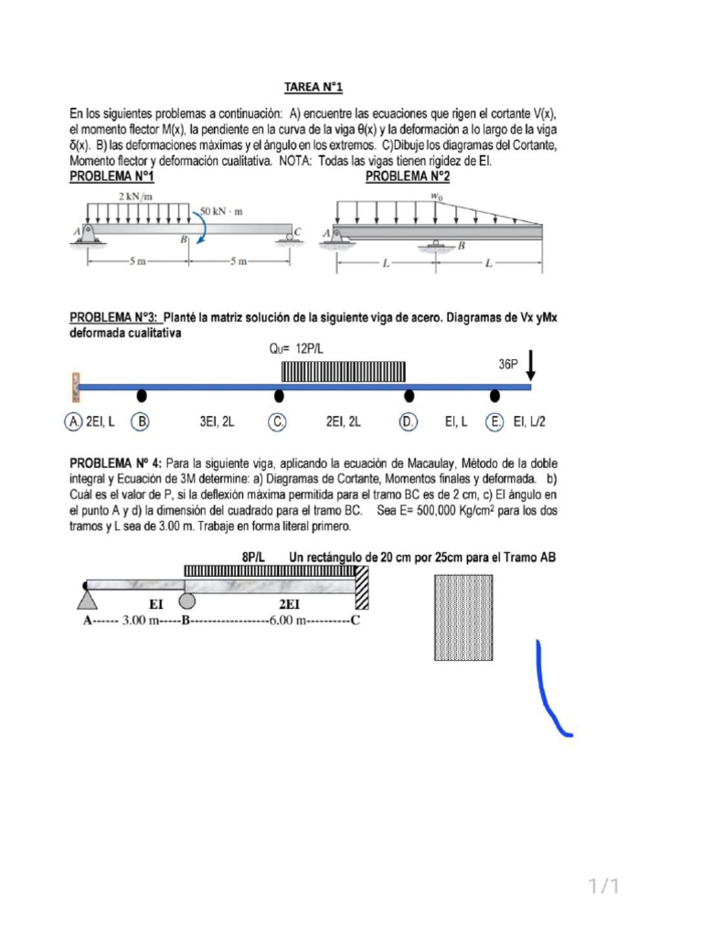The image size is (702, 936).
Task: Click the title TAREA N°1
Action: click(x=313, y=87)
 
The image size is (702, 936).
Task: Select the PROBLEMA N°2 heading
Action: click(x=408, y=176)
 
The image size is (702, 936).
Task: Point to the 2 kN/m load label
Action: click(x=135, y=196)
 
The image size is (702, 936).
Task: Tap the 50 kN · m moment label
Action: click(x=221, y=211)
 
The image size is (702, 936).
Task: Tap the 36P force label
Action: click(x=508, y=364)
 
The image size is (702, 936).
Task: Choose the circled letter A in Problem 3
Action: click(x=73, y=422)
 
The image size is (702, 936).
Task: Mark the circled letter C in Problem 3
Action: click(x=278, y=422)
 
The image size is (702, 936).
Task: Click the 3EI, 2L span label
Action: click(x=217, y=422)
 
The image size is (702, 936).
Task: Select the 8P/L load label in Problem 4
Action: click(x=253, y=556)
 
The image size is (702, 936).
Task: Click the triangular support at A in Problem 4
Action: click(x=87, y=598)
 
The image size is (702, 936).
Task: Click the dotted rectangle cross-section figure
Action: click(x=467, y=617)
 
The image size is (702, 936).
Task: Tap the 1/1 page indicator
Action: click(x=603, y=886)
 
